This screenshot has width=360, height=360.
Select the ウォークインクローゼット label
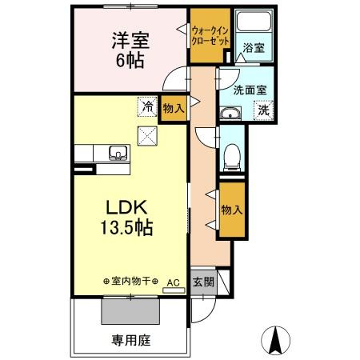(x=210, y=34)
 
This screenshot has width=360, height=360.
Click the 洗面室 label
(x=250, y=90)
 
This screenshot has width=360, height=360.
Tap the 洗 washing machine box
(x=263, y=111)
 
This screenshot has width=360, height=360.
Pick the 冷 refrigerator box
(x=146, y=105)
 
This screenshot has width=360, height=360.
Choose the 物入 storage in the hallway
(x=232, y=210)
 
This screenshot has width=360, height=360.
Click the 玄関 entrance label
(x=203, y=282)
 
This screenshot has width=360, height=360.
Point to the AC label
(x=172, y=282)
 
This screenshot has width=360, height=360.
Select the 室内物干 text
(x=131, y=282)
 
